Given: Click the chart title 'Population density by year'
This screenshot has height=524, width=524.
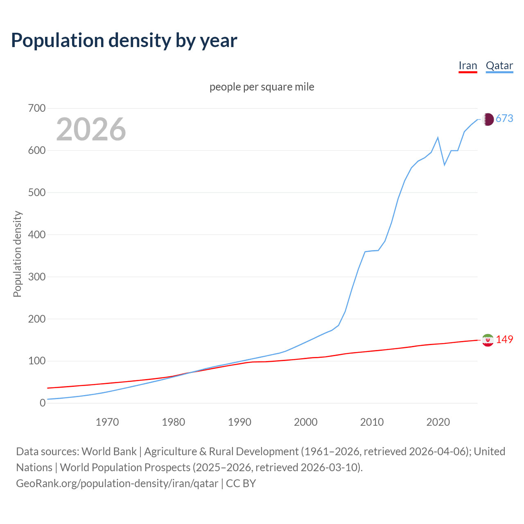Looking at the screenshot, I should tap(124, 41).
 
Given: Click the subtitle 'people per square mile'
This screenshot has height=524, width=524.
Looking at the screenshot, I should tap(262, 87).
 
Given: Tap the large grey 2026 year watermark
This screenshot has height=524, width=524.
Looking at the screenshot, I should tap(91, 129).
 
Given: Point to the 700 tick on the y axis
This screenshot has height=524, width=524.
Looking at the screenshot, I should tap(36, 108).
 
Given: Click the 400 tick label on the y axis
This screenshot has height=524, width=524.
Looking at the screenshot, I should tap(36, 235).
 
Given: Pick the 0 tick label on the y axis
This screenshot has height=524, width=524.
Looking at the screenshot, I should tap(43, 403).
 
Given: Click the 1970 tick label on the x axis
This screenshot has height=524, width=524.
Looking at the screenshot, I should tap(107, 422).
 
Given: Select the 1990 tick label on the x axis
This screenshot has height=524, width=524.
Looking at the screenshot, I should tap(239, 422).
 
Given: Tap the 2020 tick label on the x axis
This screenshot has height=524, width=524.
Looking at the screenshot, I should tap(438, 422).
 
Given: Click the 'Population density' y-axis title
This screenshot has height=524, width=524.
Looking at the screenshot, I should tap(17, 254).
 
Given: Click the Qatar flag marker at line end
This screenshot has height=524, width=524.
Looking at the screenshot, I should tap(488, 119).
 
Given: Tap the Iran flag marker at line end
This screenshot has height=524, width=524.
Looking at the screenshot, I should tap(488, 340).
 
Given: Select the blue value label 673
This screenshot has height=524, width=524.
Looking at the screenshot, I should tap(504, 118).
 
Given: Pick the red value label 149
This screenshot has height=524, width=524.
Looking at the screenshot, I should tap(504, 339).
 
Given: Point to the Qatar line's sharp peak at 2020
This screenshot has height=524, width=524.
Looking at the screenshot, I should tap(438, 138).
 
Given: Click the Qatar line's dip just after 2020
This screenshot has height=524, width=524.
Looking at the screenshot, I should tap(445, 165).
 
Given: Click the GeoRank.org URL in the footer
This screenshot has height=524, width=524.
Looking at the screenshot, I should tap(117, 483).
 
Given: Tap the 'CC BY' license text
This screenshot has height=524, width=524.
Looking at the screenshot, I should tap(241, 483).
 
